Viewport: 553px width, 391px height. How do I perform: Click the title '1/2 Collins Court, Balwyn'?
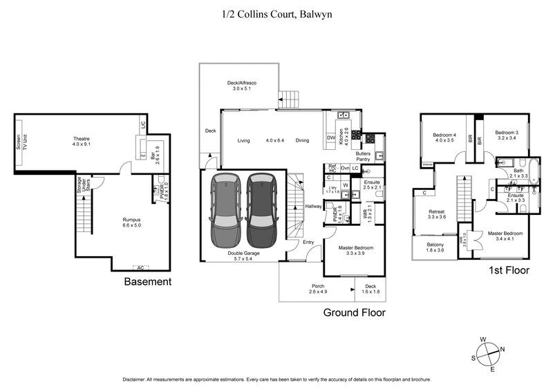(276, 13)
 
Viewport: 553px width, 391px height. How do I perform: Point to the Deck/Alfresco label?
(239, 86)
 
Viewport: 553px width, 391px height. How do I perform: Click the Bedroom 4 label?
(444, 137)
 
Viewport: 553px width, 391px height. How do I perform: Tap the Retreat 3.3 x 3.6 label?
(437, 214)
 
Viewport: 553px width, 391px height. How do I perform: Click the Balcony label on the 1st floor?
(435, 248)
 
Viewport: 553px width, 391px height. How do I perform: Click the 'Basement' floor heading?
(147, 282)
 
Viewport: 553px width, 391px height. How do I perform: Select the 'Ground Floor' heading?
(355, 312)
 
